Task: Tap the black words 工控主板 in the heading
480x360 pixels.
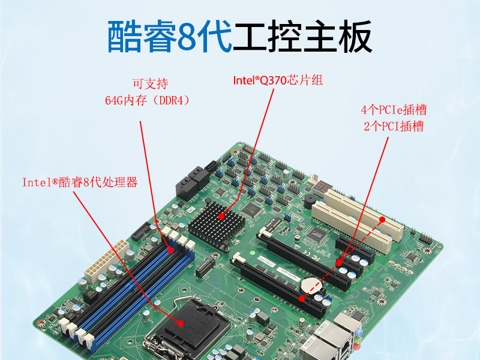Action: [302, 37]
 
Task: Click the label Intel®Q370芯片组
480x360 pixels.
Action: [277, 80]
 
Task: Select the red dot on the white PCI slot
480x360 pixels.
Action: [382, 220]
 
